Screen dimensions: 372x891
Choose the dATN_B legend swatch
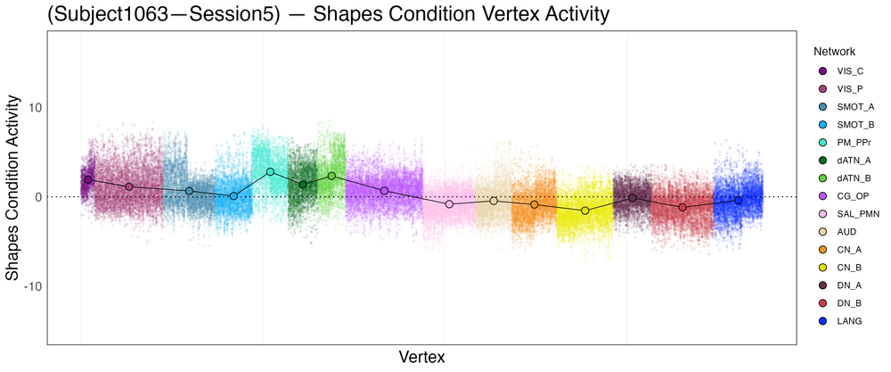point(822,178)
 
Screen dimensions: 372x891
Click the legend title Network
point(828,51)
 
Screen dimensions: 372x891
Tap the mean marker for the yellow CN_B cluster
point(585,211)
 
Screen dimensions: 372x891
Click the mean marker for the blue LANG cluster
point(738,201)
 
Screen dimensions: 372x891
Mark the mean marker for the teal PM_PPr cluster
point(270,171)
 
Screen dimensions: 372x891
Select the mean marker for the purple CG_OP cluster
point(384,191)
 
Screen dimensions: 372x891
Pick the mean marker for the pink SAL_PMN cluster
point(450,204)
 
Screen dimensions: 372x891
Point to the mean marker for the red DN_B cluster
point(683,207)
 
